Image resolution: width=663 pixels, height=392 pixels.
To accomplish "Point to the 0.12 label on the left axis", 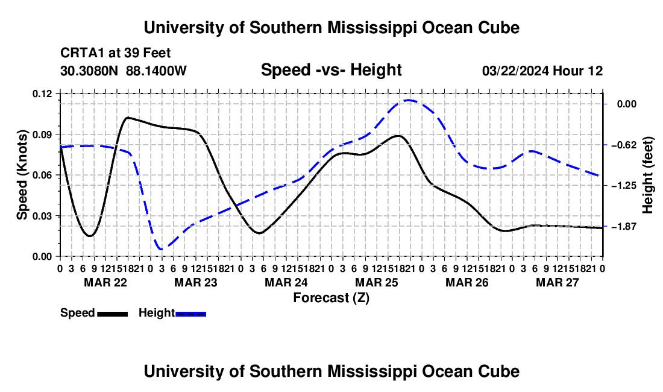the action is click(x=42, y=94).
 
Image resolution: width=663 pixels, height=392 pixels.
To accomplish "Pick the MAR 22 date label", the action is click(x=105, y=282).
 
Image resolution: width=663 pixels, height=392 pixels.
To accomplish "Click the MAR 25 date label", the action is click(x=377, y=282).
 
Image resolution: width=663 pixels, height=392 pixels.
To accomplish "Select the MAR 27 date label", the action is click(x=558, y=282).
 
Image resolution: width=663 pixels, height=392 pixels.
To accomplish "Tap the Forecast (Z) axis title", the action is click(x=331, y=298).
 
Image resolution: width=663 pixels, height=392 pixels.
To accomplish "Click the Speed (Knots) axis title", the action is click(x=22, y=175).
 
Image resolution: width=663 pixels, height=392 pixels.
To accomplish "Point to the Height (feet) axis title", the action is click(x=648, y=175).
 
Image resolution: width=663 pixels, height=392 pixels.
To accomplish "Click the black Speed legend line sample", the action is click(x=113, y=314).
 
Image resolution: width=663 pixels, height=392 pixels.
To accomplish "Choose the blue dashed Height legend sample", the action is click(x=190, y=314).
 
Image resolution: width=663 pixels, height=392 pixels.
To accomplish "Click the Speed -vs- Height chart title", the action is click(x=331, y=70).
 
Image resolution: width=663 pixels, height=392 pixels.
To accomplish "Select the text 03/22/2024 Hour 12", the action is click(x=542, y=71).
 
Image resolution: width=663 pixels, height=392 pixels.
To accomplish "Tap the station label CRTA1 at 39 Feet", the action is click(x=116, y=53).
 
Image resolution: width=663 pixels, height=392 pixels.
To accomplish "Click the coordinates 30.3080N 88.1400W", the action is click(x=124, y=71).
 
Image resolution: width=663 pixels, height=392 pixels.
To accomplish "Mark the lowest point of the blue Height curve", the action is click(x=161, y=250).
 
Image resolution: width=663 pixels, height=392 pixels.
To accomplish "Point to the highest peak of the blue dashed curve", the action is click(x=409, y=100).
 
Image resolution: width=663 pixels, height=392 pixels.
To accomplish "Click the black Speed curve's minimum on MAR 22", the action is click(x=89, y=236).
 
